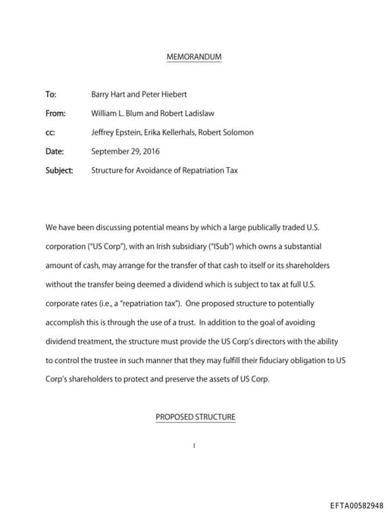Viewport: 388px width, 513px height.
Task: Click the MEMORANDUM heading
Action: click(193, 58)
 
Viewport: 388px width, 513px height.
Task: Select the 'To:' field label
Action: click(51, 95)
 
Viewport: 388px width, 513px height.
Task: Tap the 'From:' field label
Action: click(56, 113)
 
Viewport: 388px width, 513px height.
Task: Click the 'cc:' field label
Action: click(50, 132)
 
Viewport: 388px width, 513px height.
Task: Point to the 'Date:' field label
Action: click(55, 151)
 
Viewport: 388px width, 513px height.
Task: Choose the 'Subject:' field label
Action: click(59, 170)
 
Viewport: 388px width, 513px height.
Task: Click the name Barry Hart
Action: click(108, 95)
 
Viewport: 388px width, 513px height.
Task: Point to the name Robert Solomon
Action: click(229, 132)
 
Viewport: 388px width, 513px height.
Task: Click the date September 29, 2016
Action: click(125, 151)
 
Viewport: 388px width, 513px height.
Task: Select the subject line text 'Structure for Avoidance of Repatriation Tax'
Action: click(164, 170)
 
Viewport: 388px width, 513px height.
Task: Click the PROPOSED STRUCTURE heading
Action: click(196, 417)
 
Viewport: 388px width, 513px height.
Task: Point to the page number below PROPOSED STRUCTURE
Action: click(194, 446)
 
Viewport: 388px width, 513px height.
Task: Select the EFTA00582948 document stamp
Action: click(357, 505)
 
